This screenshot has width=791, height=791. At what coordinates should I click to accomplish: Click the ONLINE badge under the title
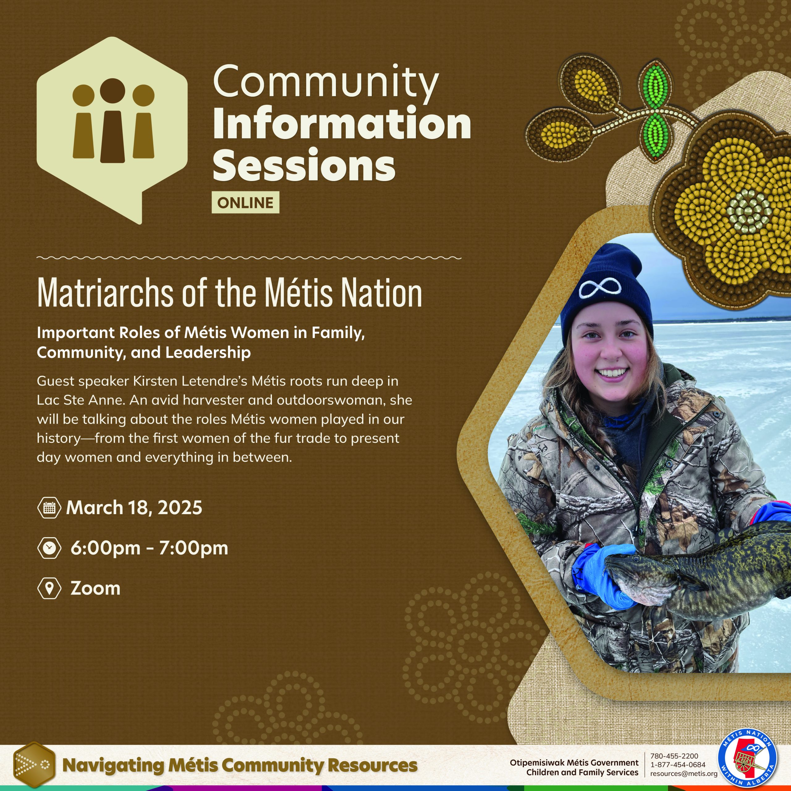tap(245, 202)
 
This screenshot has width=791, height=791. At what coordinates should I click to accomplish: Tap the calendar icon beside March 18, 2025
tap(49, 508)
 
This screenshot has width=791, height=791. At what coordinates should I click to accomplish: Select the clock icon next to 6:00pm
tap(49, 548)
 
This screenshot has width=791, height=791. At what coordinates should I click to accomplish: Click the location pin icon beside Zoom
tap(49, 588)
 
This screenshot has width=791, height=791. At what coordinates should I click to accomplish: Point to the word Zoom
tap(95, 588)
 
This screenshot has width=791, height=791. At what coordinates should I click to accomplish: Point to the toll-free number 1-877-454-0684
tap(678, 765)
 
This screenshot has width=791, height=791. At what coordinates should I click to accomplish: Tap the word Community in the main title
tap(325, 82)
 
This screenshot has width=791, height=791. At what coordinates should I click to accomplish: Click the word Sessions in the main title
tap(304, 165)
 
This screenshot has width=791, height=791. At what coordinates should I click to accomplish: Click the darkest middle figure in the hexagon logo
tap(112, 123)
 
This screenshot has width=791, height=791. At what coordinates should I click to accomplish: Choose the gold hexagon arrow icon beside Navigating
tap(34, 765)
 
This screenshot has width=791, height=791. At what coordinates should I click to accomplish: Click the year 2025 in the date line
tap(180, 508)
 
